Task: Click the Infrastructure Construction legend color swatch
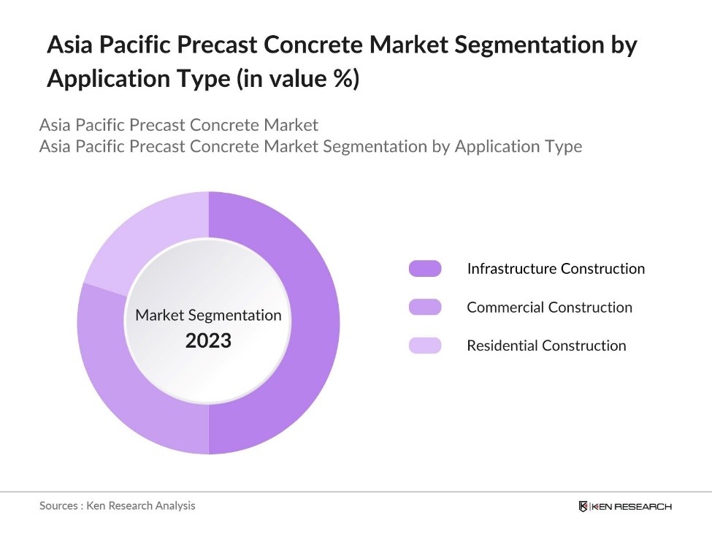click(425, 269)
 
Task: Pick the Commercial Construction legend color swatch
click(425, 308)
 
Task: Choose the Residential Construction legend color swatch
click(425, 346)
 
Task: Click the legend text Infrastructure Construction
click(556, 269)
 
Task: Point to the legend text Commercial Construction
click(549, 308)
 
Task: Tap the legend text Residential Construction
click(546, 346)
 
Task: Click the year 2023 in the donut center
click(208, 340)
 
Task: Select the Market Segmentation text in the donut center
click(208, 316)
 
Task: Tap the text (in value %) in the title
click(296, 79)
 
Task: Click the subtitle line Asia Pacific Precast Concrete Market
click(179, 125)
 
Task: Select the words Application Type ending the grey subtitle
click(518, 146)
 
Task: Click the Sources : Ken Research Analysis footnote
click(118, 506)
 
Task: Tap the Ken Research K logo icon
click(583, 506)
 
